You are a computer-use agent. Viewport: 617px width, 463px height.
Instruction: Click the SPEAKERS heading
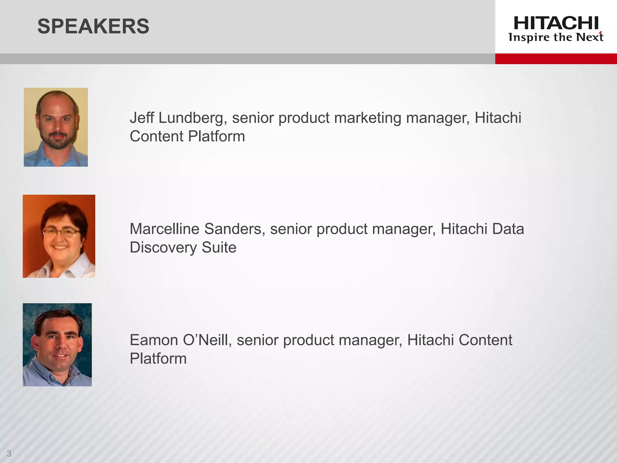tap(93, 26)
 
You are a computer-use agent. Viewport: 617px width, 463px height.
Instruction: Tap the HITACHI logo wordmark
tap(556, 23)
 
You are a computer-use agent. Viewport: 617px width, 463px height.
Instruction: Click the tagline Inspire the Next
tap(556, 37)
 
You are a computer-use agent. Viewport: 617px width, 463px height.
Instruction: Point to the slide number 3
tap(9, 453)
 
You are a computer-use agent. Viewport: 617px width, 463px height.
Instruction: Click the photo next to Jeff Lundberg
tap(56, 127)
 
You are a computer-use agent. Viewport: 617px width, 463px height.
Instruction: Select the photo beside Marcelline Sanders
tap(59, 236)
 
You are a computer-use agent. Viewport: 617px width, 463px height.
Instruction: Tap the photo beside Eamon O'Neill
tap(57, 345)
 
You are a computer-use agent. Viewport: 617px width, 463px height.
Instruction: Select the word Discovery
tap(163, 247)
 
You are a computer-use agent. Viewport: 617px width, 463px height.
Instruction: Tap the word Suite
tap(219, 247)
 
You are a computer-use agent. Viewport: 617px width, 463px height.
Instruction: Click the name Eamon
tap(154, 340)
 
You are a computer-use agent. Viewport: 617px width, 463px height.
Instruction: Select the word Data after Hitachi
tap(508, 229)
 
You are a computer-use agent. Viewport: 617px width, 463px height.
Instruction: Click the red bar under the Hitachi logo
tap(556, 58)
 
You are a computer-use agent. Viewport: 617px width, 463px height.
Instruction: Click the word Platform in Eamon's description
tap(158, 359)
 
